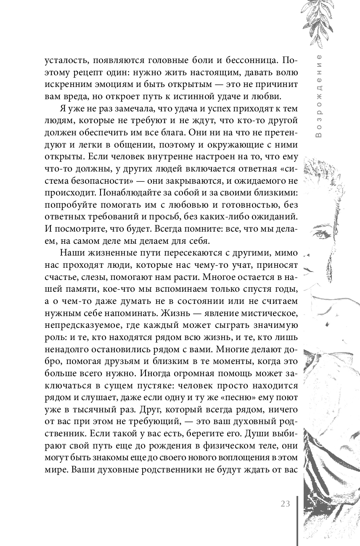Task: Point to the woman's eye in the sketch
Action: (321, 234)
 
